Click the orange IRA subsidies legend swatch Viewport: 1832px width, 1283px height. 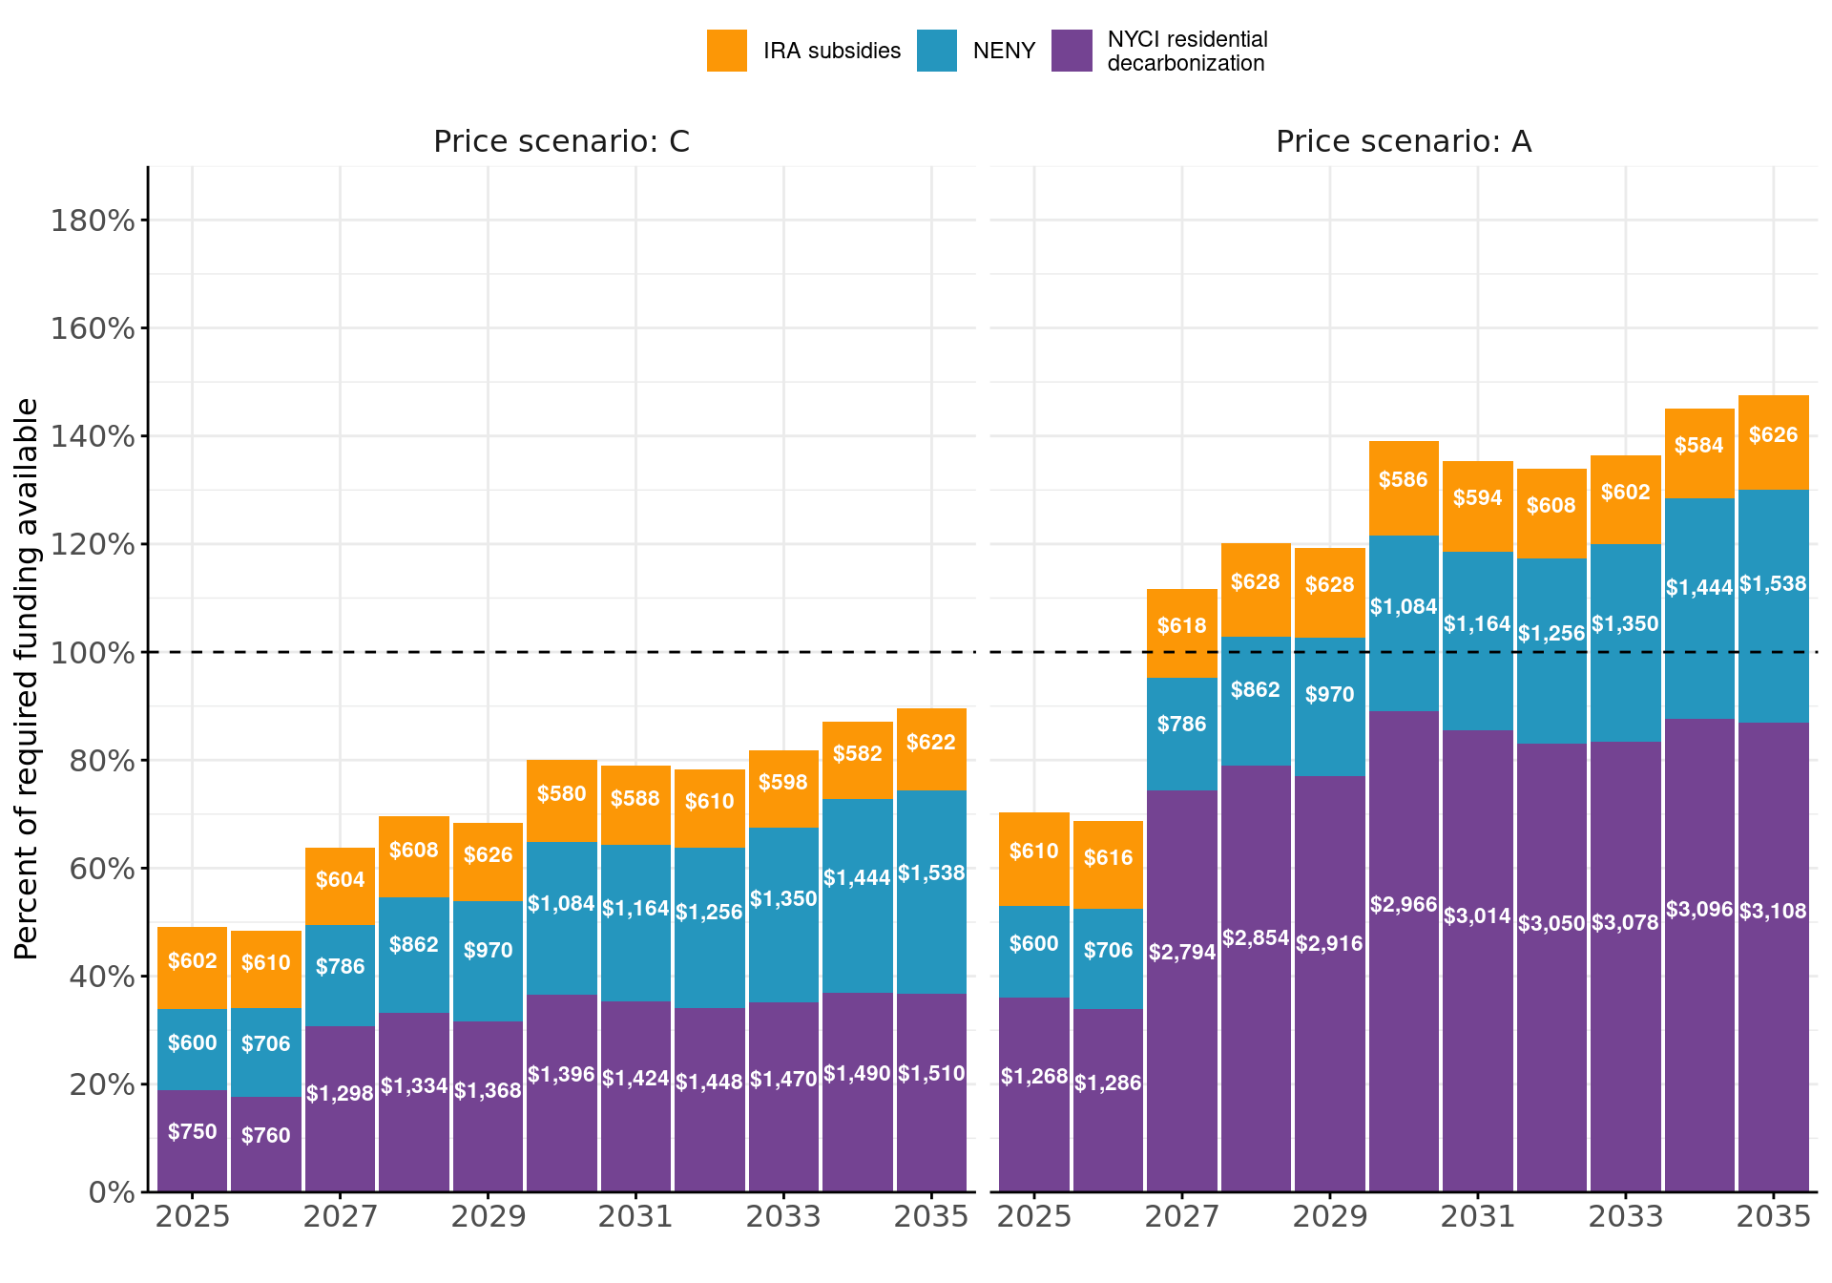726,51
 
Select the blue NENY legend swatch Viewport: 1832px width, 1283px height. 936,51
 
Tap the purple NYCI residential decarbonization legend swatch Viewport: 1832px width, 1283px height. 1072,51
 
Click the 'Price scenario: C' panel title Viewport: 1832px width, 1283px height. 561,141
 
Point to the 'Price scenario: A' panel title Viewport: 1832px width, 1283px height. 1403,141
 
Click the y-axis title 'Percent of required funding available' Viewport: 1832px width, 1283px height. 27,678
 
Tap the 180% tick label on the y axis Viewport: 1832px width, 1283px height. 92,221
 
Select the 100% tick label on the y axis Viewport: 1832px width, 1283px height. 92,653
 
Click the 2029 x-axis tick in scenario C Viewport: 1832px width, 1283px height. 488,1217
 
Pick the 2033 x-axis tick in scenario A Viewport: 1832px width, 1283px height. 1625,1217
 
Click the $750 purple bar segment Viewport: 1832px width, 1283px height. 192,1141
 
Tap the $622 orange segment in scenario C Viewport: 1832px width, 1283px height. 931,749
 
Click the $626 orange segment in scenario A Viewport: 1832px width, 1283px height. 1773,443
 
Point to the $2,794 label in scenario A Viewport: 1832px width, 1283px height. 1181,952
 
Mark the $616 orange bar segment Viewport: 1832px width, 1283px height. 1108,865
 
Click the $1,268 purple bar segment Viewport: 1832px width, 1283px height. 1033,1094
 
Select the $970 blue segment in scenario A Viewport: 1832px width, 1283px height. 1329,706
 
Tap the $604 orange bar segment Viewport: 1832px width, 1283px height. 340,887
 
